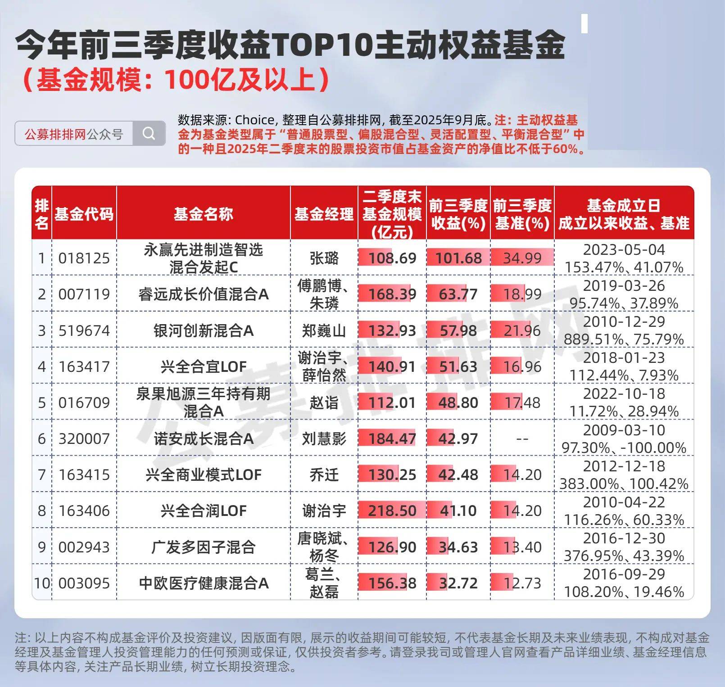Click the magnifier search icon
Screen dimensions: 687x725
149,133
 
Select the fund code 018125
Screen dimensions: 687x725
84,258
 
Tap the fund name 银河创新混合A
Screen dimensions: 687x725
204,331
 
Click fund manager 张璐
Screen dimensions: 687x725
324,258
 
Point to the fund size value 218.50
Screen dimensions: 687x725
392,511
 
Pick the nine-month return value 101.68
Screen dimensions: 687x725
458,258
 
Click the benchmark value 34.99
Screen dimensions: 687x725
522,258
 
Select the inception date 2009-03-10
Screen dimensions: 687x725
624,430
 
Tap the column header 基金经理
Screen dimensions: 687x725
324,214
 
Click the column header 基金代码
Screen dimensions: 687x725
84,214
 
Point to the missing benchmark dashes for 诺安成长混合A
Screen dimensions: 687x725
522,439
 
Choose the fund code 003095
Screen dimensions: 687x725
84,583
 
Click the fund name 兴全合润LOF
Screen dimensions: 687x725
204,511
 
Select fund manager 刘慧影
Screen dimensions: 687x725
324,439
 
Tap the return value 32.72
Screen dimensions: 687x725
458,583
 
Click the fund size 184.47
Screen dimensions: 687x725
392,439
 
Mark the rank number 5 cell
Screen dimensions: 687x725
42,402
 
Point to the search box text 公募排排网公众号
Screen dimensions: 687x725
74,134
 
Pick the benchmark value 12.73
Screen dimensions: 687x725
522,583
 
